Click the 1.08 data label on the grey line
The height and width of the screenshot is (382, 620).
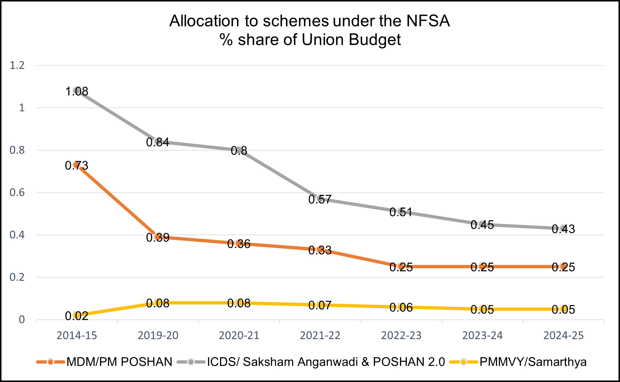(x=77, y=91)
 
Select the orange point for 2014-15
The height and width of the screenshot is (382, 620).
(x=77, y=165)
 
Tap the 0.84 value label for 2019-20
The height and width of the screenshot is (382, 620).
(x=158, y=142)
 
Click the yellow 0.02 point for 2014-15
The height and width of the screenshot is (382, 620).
(x=77, y=315)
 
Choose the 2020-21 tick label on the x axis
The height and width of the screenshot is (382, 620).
(x=239, y=335)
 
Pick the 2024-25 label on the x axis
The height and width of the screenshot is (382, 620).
(x=563, y=335)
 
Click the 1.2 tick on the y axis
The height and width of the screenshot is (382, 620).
(x=17, y=65)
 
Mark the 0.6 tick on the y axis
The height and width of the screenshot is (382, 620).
(x=17, y=192)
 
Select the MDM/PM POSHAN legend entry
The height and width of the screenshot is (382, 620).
(x=119, y=362)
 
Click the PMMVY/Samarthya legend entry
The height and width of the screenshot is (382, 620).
(x=533, y=362)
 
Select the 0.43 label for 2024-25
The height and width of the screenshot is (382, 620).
(x=563, y=229)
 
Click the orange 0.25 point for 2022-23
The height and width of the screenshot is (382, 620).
(x=401, y=266)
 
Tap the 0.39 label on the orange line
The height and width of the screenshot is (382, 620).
(x=158, y=238)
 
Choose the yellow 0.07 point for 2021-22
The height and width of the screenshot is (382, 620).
(x=320, y=305)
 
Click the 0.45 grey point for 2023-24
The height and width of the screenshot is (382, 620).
(x=482, y=224)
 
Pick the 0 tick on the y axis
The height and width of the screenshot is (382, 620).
(x=22, y=320)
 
